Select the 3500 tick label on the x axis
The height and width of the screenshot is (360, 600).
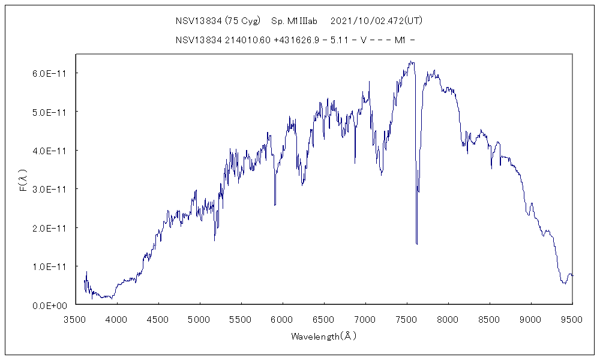[x=75, y=319]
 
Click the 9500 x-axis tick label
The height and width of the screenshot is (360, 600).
[x=572, y=319]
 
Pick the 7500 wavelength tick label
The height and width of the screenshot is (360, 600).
[x=407, y=319]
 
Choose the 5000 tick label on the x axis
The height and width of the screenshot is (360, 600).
[x=199, y=319]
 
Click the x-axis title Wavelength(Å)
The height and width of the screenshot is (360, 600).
[x=324, y=336]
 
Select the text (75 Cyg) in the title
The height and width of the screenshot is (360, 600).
[x=242, y=20]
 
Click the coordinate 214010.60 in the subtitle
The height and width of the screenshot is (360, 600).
[x=245, y=40]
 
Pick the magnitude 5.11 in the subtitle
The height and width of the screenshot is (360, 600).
[x=338, y=40]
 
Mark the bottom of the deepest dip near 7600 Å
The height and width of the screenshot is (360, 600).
[x=416, y=244]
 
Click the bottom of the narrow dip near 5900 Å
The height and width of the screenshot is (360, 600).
[x=275, y=205]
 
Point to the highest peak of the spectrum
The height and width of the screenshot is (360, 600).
[x=410, y=61]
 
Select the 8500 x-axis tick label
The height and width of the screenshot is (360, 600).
[x=490, y=319]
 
